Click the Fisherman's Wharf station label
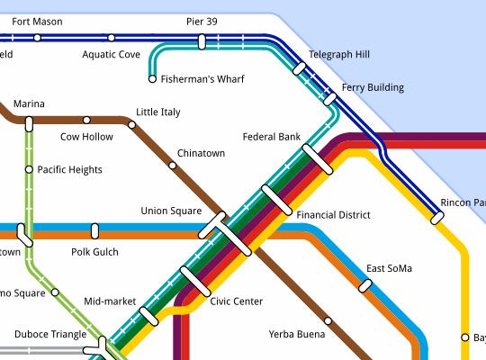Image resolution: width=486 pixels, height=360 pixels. [202, 79]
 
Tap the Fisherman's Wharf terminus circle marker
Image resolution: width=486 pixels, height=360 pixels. [152, 79]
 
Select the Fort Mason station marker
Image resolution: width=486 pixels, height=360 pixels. [37, 38]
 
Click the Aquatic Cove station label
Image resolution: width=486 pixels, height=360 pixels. [111, 54]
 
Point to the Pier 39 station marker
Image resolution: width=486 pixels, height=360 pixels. [202, 40]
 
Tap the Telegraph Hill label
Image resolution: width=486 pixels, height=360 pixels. [338, 55]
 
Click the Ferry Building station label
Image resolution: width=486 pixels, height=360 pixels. [373, 88]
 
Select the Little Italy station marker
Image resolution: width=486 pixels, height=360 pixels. [131, 125]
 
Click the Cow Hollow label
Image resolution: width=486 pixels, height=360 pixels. [86, 137]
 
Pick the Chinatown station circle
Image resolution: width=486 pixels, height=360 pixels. [173, 165]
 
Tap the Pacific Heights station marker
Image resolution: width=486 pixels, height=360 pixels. [29, 169]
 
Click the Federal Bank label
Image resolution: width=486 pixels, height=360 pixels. [271, 137]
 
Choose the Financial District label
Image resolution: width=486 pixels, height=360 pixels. [333, 216]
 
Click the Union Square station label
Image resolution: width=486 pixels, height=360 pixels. [171, 211]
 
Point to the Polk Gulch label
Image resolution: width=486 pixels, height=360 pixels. [94, 252]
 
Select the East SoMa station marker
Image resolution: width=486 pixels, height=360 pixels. [365, 285]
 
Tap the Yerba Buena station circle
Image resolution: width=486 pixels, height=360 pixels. [328, 320]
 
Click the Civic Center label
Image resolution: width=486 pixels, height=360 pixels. [236, 301]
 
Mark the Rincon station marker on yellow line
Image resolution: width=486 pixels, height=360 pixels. [437, 217]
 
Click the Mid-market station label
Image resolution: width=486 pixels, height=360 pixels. [110, 301]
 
